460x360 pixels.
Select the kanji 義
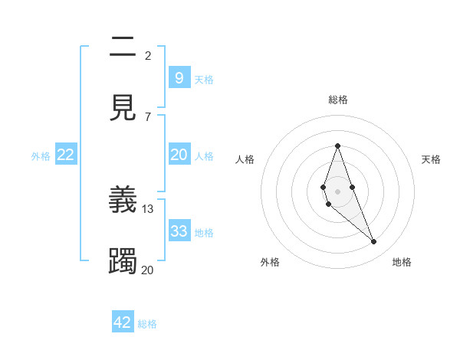click(123, 201)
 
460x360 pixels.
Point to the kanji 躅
click(123, 260)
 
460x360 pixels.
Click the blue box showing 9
click(179, 78)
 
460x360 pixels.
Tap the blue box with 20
click(179, 155)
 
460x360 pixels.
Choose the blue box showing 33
click(179, 231)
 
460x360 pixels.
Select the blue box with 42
click(123, 322)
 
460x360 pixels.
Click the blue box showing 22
click(66, 155)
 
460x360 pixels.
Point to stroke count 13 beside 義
click(148, 208)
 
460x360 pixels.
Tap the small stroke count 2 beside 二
click(148, 55)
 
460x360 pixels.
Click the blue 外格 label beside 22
click(41, 155)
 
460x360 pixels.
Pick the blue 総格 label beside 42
click(147, 324)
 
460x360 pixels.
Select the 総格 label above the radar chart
click(337, 100)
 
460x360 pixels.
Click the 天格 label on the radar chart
click(431, 159)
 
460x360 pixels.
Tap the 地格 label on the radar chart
click(402, 262)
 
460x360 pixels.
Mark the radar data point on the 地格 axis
click(374, 242)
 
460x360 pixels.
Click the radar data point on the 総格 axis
click(337, 146)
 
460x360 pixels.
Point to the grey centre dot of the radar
click(337, 191)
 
